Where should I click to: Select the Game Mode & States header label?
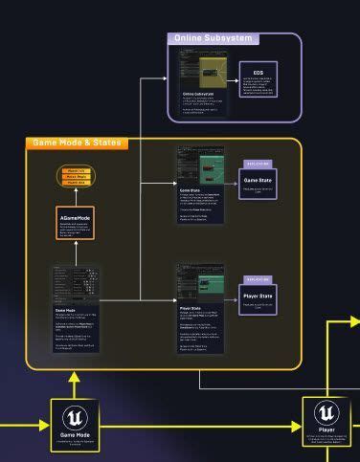coord(78,143)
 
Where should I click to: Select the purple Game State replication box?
coord(258,183)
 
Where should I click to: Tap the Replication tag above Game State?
coord(258,165)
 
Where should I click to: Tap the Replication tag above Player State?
coord(258,280)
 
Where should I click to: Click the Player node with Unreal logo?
coord(326,425)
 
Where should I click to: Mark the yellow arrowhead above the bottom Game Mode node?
coord(75,378)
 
